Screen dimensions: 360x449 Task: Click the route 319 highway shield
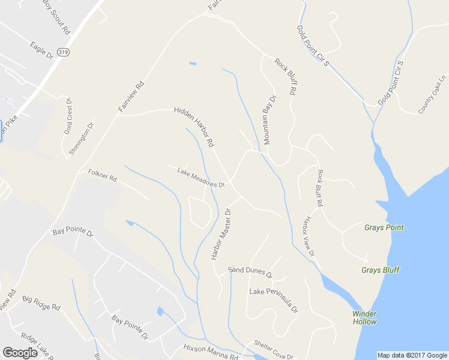tap(64, 53)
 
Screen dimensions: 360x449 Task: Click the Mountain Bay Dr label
tap(270, 119)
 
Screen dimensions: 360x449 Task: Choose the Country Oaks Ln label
tap(433, 95)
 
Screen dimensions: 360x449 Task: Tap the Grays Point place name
tap(384, 227)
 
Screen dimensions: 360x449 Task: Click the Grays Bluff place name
tap(380, 270)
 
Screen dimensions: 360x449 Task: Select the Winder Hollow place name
tap(364, 317)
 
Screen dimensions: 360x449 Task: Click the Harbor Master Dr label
tap(220, 234)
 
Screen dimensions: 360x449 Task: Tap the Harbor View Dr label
tap(308, 236)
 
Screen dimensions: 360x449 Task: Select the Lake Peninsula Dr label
tap(273, 299)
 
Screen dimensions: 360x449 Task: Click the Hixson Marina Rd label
tap(209, 352)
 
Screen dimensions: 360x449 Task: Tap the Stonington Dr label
tap(82, 139)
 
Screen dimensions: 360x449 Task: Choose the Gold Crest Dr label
tap(68, 116)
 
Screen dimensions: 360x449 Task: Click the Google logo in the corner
tap(20, 353)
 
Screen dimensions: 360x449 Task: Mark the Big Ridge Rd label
tap(41, 302)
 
